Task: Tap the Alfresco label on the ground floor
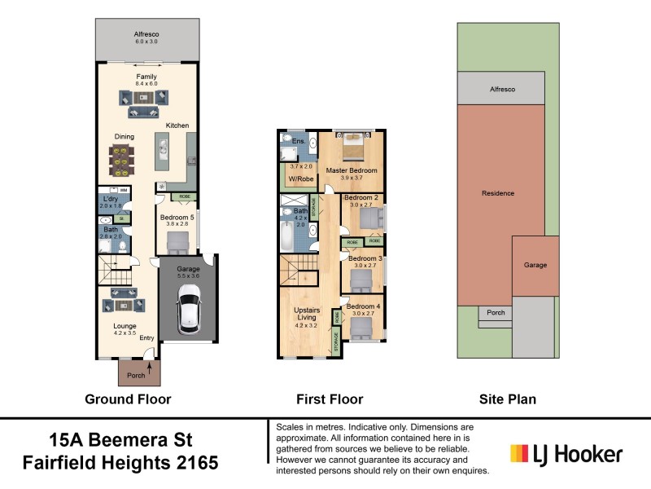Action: tap(146, 34)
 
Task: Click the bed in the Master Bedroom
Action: tap(352, 147)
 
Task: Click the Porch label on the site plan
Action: tap(495, 312)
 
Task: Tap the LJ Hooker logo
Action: tap(566, 454)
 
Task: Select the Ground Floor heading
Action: tap(128, 399)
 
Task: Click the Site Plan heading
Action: tap(505, 399)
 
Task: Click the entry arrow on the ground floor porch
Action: tap(149, 369)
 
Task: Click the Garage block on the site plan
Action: tap(535, 267)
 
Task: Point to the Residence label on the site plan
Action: tap(498, 193)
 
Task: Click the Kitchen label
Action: tap(177, 126)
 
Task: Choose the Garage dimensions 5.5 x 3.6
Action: tap(189, 276)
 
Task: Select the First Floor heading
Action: tap(330, 399)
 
